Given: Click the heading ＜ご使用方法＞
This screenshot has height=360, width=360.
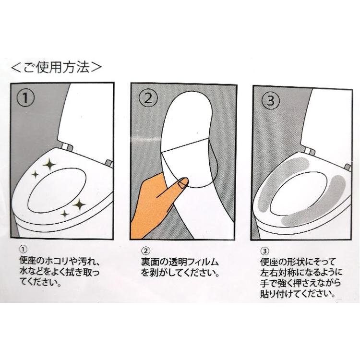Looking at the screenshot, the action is click(x=56, y=67).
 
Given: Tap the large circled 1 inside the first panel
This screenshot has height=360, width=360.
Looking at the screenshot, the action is click(x=25, y=98).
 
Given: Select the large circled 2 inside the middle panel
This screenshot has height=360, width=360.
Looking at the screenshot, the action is click(x=148, y=98).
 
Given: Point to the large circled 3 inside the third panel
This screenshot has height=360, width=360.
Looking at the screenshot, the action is click(x=271, y=100).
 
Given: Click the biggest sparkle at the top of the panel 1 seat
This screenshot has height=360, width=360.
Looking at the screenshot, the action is click(x=49, y=165).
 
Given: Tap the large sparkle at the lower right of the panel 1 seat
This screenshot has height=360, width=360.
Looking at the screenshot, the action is click(x=79, y=204).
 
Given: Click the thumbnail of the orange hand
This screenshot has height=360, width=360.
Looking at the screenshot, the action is click(x=183, y=183).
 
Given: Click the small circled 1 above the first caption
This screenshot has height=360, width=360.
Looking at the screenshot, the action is click(x=24, y=249).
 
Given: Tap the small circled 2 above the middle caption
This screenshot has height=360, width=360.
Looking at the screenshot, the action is click(x=146, y=251).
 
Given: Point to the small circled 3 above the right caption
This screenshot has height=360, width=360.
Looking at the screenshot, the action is click(x=264, y=251).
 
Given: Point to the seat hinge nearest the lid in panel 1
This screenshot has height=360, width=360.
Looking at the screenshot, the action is click(x=68, y=147).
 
